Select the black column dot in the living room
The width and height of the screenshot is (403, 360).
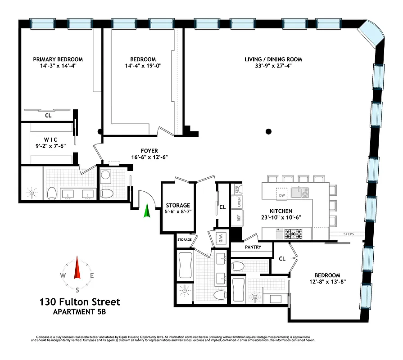tap(268, 132)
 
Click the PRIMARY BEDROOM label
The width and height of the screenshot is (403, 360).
tap(58, 59)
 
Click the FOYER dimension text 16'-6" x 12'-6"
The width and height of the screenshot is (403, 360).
tap(150, 157)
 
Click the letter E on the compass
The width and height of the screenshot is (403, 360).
tap(92, 276)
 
